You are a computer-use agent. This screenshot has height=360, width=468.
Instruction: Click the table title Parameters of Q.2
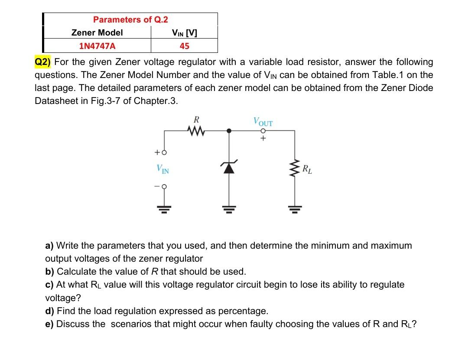point(130,19)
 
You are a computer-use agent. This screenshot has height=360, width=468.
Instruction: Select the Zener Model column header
point(97,32)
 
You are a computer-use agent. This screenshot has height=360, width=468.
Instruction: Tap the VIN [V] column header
point(185,32)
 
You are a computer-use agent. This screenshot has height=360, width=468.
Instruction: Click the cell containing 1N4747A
point(97,46)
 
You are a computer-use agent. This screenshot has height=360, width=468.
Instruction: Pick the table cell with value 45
point(185,46)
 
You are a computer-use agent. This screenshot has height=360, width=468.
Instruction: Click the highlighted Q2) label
point(43,62)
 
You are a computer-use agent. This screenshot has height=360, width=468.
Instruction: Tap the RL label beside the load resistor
point(307,169)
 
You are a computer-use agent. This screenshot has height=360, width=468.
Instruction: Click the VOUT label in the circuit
point(263,121)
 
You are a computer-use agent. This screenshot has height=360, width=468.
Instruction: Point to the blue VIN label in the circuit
point(163,169)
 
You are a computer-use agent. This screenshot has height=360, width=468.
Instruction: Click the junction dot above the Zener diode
point(229,130)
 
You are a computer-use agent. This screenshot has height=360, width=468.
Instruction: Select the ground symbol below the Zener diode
point(229,209)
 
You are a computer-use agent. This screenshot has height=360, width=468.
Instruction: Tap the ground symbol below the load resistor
point(295,209)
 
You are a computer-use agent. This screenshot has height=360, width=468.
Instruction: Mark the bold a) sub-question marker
point(49,246)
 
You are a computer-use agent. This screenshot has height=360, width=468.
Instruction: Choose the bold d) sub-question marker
point(50,311)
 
